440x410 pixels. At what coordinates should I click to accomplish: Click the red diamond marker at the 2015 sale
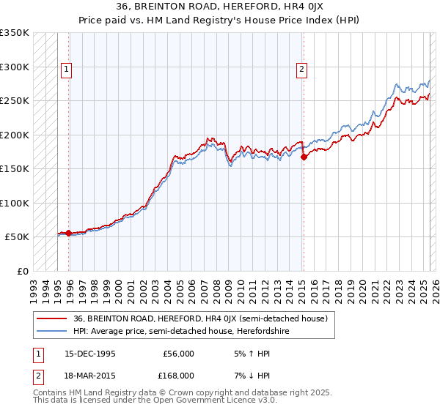(304, 156)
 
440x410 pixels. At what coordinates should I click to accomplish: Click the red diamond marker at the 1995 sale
(69, 233)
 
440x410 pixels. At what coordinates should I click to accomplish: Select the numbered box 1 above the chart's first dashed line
(66, 70)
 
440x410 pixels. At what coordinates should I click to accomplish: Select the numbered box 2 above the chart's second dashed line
(301, 70)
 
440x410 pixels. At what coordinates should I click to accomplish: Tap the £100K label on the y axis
(15, 203)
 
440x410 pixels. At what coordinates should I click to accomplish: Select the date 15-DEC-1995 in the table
(90, 354)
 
